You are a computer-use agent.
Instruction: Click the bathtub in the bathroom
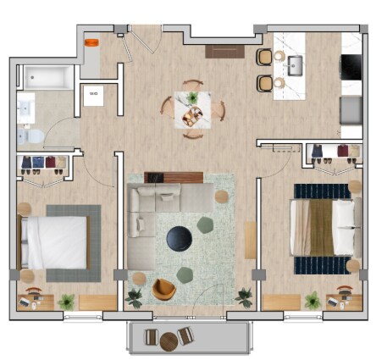tap(47, 78)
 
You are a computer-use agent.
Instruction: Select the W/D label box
tap(93, 95)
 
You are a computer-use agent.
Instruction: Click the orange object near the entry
tap(91, 39)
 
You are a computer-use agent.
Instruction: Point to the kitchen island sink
tap(296, 64)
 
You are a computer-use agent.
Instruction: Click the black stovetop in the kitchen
tap(351, 65)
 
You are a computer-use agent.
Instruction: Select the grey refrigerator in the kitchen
tap(351, 109)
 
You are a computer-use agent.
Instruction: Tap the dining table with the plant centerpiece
tap(193, 109)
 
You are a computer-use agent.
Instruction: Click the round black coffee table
tap(180, 239)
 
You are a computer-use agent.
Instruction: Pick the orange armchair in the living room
tap(164, 290)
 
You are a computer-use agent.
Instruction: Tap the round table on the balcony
tap(169, 341)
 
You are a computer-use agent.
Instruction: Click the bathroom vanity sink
tap(26, 108)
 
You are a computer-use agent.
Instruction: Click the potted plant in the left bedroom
tap(66, 300)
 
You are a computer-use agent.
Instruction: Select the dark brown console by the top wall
tap(224, 51)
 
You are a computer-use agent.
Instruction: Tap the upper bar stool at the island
tap(265, 57)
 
